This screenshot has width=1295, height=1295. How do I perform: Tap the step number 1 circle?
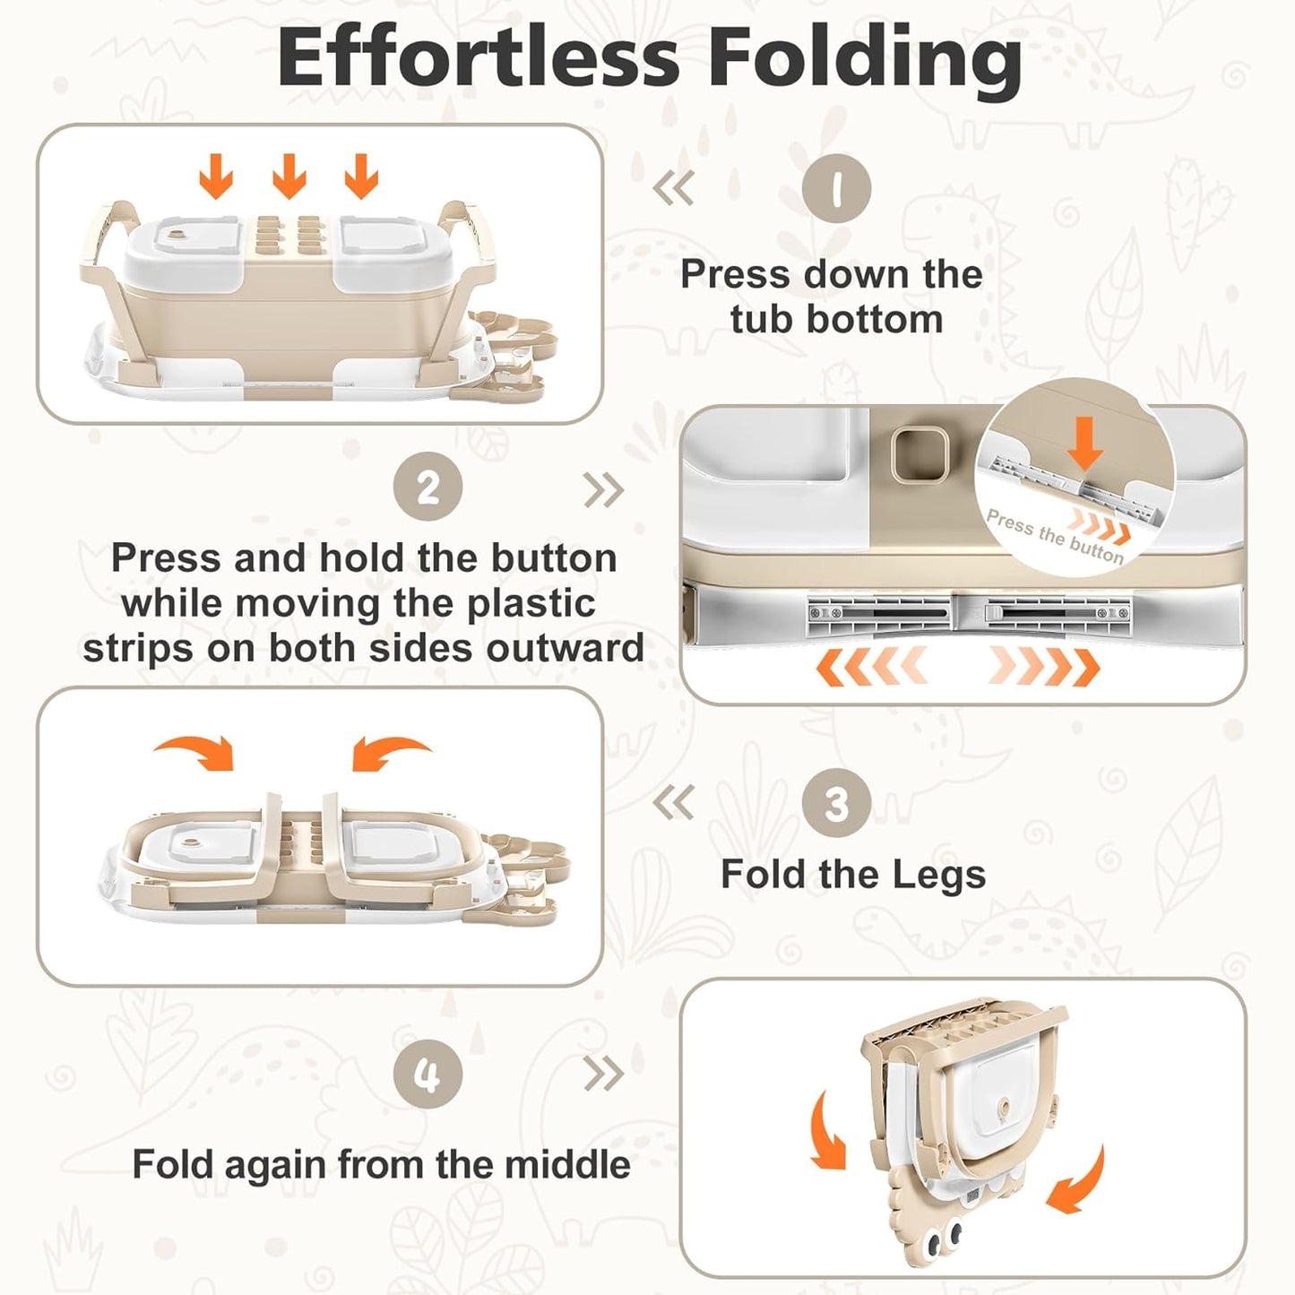[837, 189]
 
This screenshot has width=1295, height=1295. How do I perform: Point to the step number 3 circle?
[837, 803]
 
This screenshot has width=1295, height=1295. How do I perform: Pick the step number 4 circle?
[428, 1074]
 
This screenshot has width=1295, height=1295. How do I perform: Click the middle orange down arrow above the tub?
[289, 176]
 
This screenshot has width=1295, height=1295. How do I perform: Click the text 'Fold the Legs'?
[853, 875]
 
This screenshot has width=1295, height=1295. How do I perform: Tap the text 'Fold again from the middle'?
[381, 1165]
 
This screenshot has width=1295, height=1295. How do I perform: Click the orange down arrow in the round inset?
[1085, 444]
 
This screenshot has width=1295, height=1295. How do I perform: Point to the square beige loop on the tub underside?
[919, 455]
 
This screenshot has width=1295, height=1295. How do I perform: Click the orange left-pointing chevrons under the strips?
[872, 668]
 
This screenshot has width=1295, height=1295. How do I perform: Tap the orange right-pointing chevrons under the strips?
[1044, 668]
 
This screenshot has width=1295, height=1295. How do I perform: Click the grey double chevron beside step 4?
[603, 1075]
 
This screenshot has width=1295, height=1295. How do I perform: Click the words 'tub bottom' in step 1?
[837, 319]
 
